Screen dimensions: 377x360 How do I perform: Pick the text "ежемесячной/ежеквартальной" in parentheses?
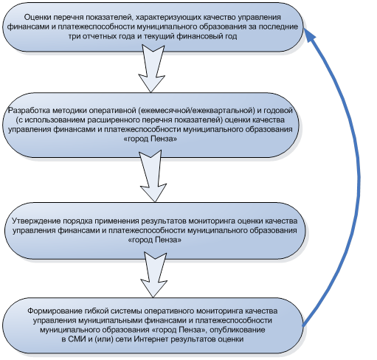click(x=198, y=111)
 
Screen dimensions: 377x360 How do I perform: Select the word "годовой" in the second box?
click(x=278, y=111)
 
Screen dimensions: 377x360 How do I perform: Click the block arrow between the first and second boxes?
click(x=152, y=69)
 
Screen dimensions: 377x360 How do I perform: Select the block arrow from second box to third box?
click(x=153, y=176)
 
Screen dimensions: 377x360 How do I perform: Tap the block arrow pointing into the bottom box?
click(x=154, y=274)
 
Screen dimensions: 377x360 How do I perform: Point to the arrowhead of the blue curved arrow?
click(x=309, y=35)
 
